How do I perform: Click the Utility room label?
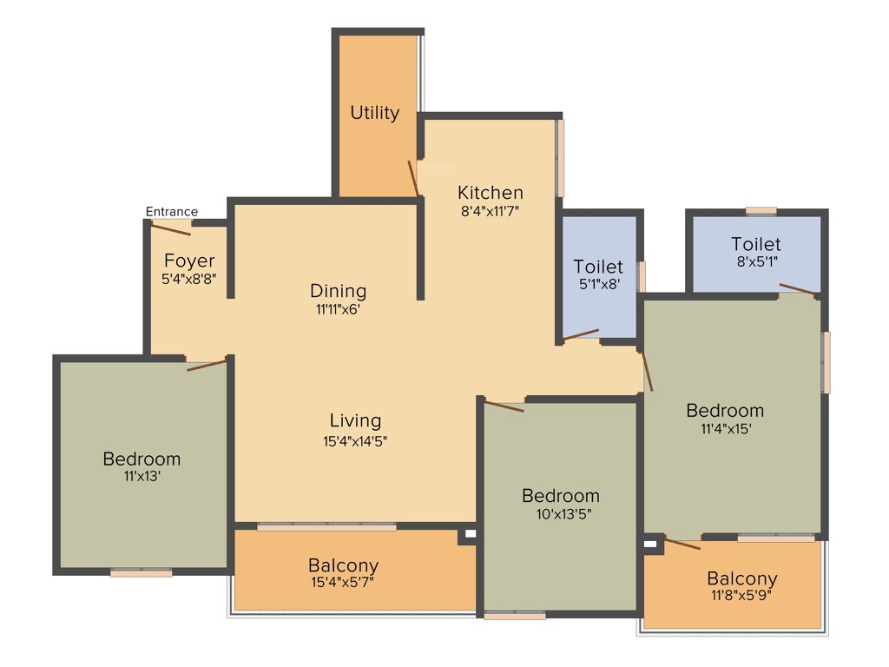pyautogui.click(x=374, y=113)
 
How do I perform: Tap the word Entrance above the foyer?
pyautogui.click(x=171, y=212)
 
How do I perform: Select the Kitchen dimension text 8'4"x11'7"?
pyautogui.click(x=491, y=210)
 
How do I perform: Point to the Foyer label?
pyautogui.click(x=188, y=261)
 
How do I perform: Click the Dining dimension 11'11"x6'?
pyautogui.click(x=338, y=308)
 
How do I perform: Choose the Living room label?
pyautogui.click(x=355, y=420)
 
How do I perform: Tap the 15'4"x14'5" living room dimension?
pyautogui.click(x=355, y=440)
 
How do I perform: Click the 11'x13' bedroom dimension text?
pyautogui.click(x=142, y=476)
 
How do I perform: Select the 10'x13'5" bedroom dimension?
pyautogui.click(x=561, y=513)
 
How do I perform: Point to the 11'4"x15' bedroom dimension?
pyautogui.click(x=725, y=428)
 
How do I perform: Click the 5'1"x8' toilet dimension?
pyautogui.click(x=598, y=283)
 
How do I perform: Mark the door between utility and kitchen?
pyautogui.click(x=414, y=179)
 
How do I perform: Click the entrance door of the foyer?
pyautogui.click(x=170, y=228)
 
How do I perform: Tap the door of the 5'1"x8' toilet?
pyautogui.click(x=581, y=334)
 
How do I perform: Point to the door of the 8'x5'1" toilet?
pyautogui.click(x=797, y=289)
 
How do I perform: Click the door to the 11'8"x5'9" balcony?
pyautogui.click(x=682, y=544)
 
